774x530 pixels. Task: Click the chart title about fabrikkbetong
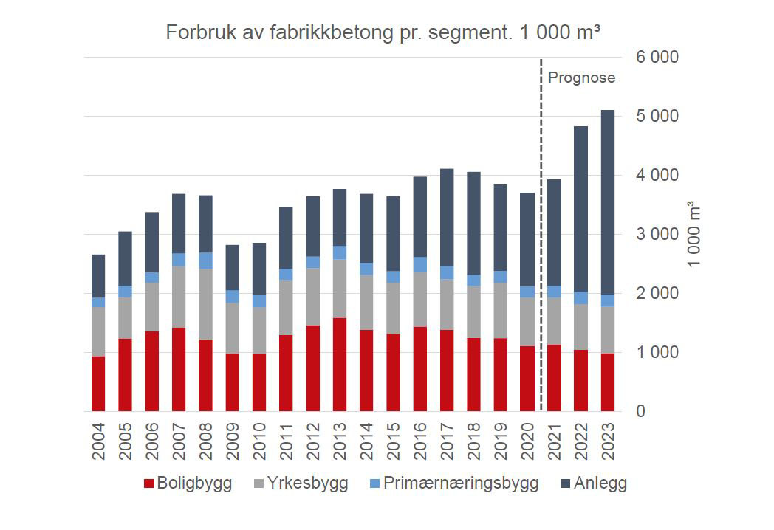pyautogui.click(x=382, y=32)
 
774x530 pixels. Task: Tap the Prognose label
pyautogui.click(x=581, y=78)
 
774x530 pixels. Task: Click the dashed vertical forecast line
pyautogui.click(x=541, y=221)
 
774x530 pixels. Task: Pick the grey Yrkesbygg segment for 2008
pyautogui.click(x=205, y=303)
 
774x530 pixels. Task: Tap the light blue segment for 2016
pyautogui.click(x=420, y=264)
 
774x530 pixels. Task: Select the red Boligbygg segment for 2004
pyautogui.click(x=98, y=383)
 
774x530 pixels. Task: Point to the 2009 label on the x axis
pyautogui.click(x=233, y=441)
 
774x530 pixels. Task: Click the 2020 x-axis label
pyautogui.click(x=527, y=441)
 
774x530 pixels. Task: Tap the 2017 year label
pyautogui.click(x=447, y=441)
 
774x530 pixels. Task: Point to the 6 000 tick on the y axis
pyautogui.click(x=652, y=58)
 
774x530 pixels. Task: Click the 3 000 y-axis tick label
pyautogui.click(x=652, y=234)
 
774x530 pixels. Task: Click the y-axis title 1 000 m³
pyautogui.click(x=695, y=234)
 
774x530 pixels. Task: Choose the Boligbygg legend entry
pyautogui.click(x=188, y=483)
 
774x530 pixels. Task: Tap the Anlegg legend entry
pyautogui.click(x=593, y=483)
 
